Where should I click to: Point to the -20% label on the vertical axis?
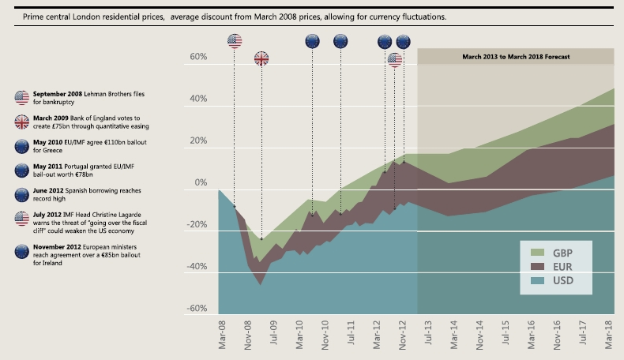tap(195, 224)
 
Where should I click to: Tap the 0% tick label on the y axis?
tap(200, 183)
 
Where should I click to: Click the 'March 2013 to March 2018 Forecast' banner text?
tap(516, 57)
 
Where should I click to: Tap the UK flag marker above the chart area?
tap(261, 58)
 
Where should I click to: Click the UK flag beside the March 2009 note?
tap(21, 121)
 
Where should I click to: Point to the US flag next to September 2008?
tap(21, 97)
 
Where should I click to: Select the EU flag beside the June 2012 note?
tap(21, 194)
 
